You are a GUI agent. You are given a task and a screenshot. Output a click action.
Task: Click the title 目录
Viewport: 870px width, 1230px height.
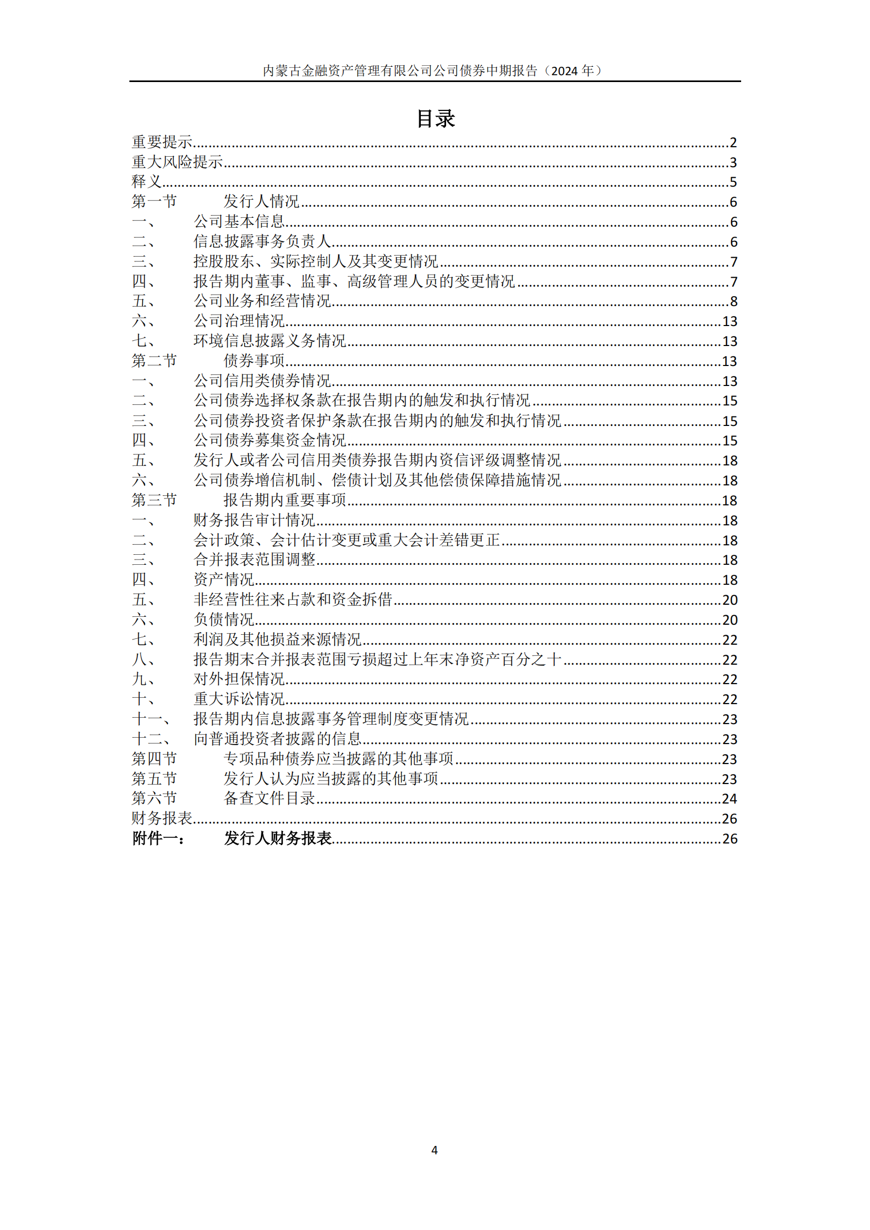click(436, 118)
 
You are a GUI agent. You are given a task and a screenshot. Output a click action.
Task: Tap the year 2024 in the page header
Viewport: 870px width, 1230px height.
click(564, 70)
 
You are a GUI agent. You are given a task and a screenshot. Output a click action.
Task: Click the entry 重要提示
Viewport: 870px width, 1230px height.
click(162, 142)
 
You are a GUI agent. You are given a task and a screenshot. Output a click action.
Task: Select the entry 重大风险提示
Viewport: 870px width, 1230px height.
click(177, 162)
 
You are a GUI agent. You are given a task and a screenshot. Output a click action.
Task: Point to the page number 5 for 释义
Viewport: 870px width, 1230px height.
click(733, 182)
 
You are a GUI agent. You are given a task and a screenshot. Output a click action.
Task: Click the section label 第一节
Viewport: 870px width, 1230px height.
click(154, 202)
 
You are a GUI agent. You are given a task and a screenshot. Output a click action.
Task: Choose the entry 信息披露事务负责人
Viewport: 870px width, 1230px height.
click(262, 241)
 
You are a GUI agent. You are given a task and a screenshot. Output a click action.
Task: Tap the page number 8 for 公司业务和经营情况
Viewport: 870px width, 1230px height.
click(733, 302)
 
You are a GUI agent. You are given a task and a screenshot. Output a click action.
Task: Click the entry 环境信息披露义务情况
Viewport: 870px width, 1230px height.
click(269, 341)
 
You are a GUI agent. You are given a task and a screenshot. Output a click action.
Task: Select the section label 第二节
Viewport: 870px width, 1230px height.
click(154, 361)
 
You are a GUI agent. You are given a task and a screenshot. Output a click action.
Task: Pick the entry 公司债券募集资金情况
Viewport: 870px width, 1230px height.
click(269, 440)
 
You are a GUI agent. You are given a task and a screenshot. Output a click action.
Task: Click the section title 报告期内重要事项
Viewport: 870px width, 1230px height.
click(285, 500)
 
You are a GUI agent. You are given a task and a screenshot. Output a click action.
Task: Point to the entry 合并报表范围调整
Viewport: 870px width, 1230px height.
click(255, 560)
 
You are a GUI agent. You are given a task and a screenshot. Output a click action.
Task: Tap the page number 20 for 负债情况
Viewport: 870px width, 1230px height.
click(730, 620)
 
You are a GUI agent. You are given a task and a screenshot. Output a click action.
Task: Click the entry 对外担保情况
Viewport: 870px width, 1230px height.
click(239, 679)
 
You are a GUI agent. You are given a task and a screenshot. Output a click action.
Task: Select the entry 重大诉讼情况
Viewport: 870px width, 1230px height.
click(239, 699)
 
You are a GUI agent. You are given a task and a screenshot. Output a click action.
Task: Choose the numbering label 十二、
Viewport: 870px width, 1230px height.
click(151, 739)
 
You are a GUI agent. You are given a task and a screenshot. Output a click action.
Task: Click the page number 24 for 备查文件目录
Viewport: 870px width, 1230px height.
click(730, 799)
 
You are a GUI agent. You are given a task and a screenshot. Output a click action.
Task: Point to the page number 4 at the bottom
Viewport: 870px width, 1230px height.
click(434, 1150)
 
